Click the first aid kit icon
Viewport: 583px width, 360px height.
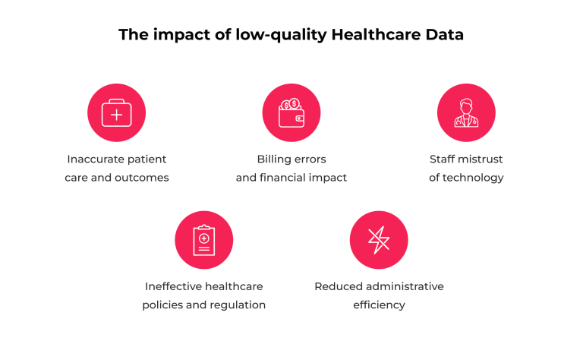(x=117, y=113)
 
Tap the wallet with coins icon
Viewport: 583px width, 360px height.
(x=291, y=113)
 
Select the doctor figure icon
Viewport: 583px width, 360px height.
(x=466, y=113)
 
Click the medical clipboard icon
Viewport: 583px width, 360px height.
(x=203, y=240)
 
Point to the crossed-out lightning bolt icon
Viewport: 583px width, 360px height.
(x=379, y=240)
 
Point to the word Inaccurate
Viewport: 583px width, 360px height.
(x=96, y=159)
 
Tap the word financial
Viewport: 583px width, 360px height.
(x=287, y=178)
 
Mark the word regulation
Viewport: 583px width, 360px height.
(x=238, y=305)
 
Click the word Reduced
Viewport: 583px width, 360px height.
(x=336, y=286)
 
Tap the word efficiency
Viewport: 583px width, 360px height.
(x=379, y=305)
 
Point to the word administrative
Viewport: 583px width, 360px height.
(x=403, y=286)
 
